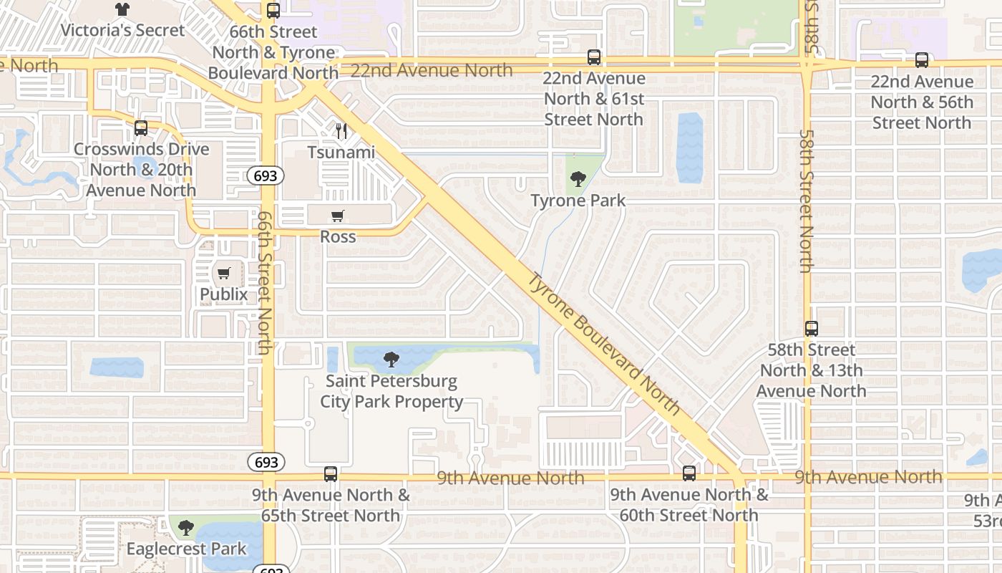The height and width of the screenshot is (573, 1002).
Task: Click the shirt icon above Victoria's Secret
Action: tap(122, 9)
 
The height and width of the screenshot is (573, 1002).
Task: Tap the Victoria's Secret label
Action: tap(122, 30)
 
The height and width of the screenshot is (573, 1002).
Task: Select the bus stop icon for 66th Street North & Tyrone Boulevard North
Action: tap(273, 11)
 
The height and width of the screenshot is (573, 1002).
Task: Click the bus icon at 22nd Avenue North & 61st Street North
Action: tap(593, 57)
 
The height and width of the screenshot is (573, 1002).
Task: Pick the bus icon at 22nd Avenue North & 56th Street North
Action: tap(921, 60)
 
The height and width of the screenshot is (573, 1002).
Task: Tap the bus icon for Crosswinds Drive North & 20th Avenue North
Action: tap(141, 128)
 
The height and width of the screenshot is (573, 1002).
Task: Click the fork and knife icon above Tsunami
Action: tap(341, 131)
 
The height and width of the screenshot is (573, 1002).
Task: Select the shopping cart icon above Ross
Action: tap(338, 216)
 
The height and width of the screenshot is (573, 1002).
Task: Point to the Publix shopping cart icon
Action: tap(224, 273)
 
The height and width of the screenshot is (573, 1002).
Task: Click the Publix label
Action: tap(223, 294)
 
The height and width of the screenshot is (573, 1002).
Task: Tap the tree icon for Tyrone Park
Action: tap(578, 179)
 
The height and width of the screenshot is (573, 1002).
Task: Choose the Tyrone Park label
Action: tap(578, 201)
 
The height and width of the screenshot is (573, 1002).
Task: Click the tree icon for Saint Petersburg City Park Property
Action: tap(391, 360)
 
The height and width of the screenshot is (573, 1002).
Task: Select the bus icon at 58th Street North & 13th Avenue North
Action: tap(811, 329)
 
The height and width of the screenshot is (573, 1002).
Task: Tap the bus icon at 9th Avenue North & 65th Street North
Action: tap(330, 473)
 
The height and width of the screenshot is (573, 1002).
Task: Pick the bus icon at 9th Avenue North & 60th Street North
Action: tap(689, 473)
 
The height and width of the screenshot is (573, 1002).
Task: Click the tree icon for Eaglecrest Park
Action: tap(186, 529)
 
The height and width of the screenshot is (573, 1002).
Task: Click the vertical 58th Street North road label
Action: tap(807, 201)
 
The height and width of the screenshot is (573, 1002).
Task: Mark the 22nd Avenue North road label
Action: tap(433, 70)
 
